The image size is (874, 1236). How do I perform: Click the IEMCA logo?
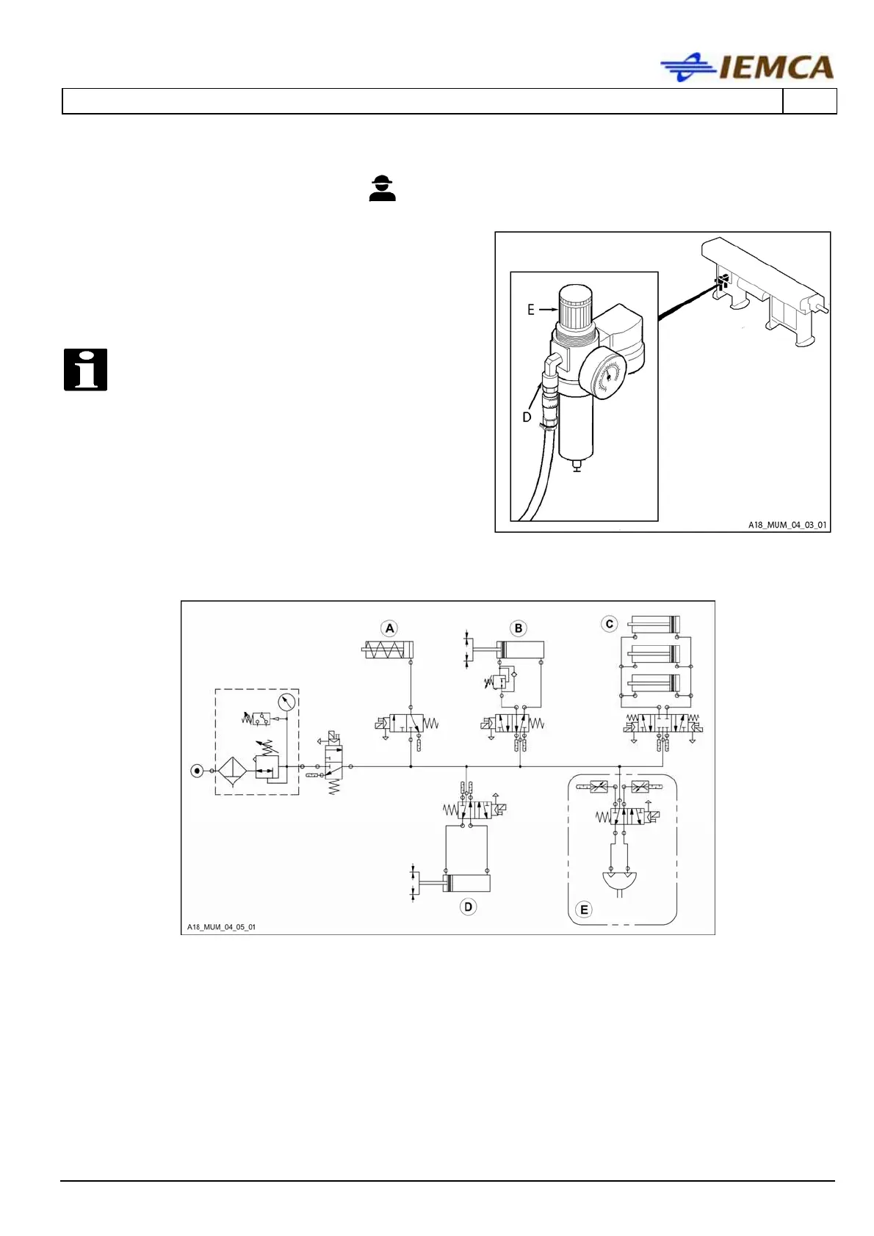(747, 68)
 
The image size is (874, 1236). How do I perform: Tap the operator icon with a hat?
(382, 189)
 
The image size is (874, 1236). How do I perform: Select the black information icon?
(85, 369)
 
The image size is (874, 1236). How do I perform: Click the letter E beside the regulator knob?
(531, 310)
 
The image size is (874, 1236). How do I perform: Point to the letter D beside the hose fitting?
(527, 417)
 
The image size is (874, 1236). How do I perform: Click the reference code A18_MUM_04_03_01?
(787, 525)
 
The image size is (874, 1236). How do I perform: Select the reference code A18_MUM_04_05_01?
(221, 927)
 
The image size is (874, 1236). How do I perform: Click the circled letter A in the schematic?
(390, 628)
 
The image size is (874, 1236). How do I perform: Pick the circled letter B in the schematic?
(519, 628)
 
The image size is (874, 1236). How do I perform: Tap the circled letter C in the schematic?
(609, 625)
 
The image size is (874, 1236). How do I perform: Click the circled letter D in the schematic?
(468, 906)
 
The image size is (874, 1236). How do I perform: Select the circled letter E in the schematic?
(585, 910)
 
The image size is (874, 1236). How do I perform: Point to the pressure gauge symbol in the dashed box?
(287, 702)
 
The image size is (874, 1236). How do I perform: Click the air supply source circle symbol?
(197, 771)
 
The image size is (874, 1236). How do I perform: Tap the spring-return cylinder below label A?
(389, 650)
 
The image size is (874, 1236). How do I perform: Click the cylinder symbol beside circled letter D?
(466, 883)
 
